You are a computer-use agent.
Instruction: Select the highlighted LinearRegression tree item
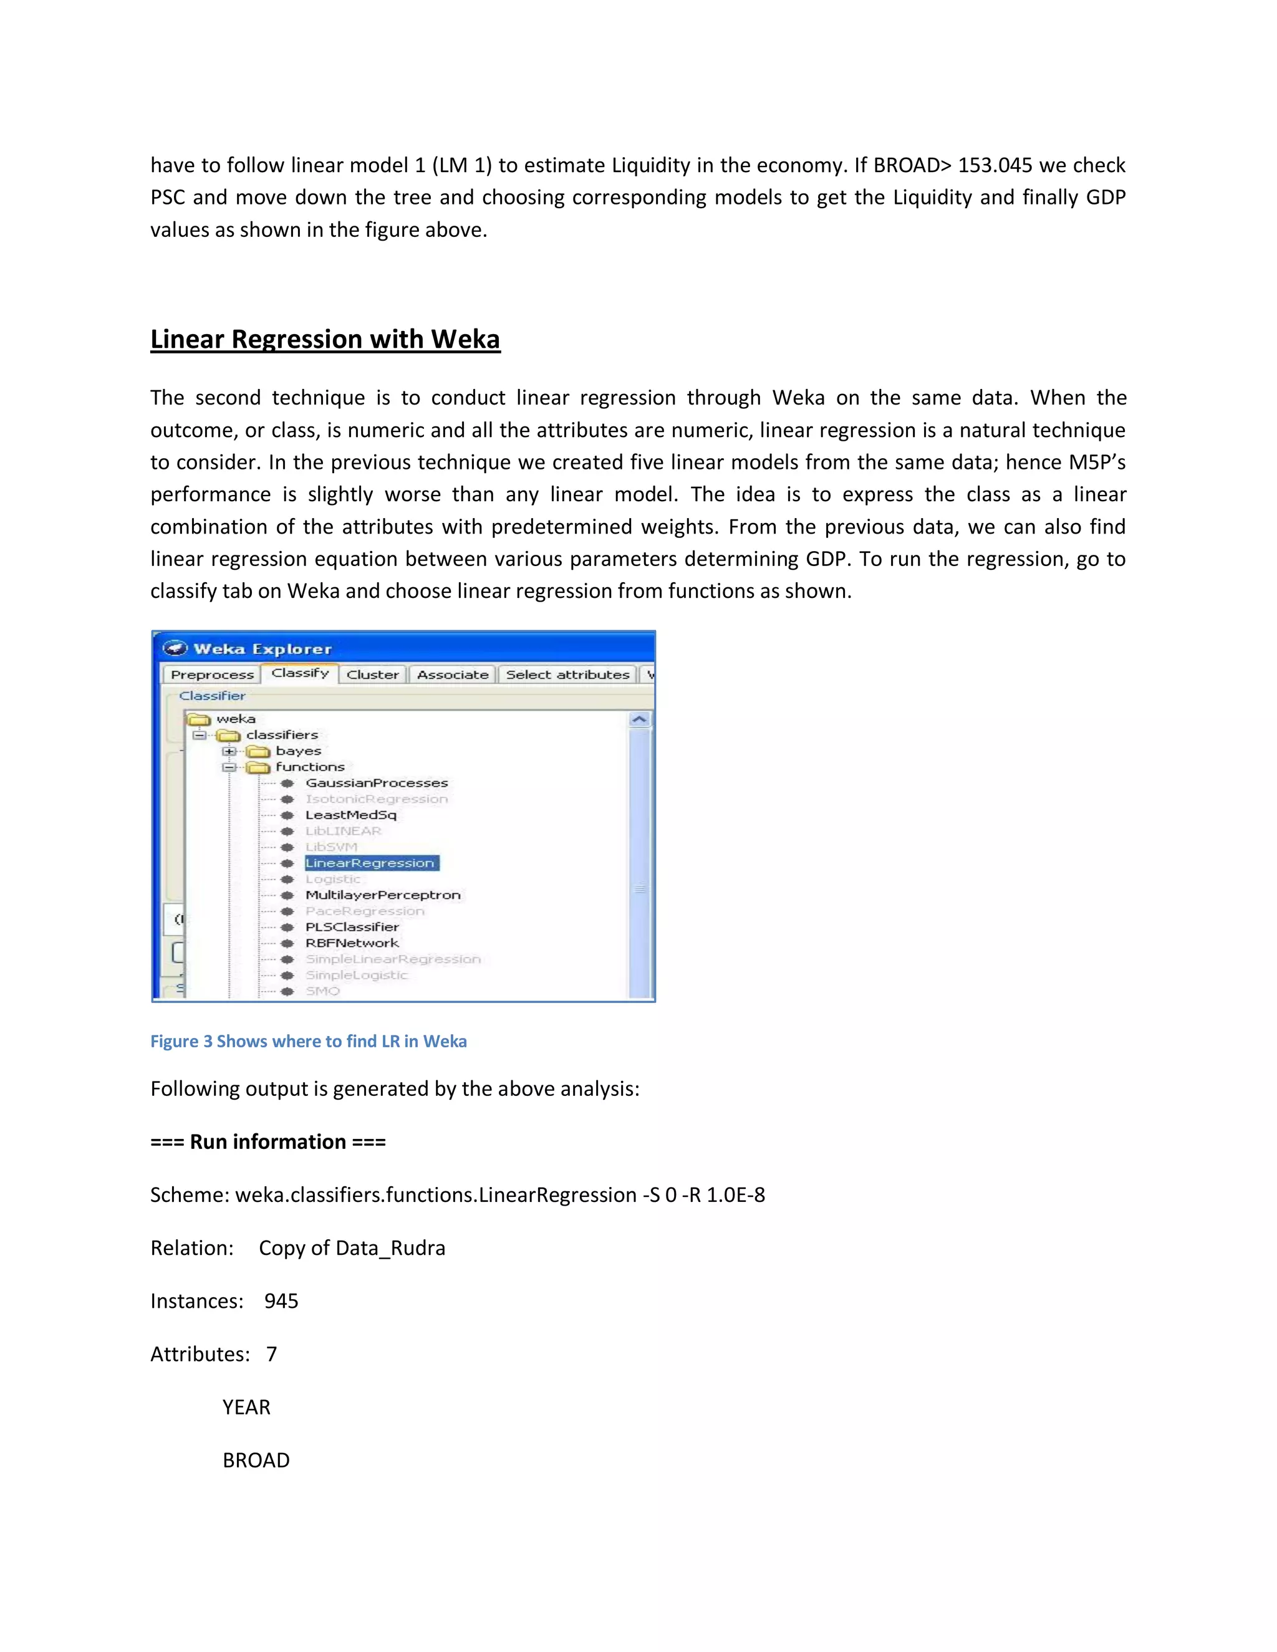pos(370,863)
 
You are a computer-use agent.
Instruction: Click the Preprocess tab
pos(212,675)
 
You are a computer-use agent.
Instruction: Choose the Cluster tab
pos(372,675)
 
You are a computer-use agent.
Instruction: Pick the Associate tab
pos(453,675)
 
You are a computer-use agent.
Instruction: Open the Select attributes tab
pos(567,675)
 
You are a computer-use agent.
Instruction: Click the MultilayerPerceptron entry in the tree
pos(383,895)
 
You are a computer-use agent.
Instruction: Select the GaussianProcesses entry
pos(377,783)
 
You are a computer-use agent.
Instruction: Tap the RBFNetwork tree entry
pos(352,943)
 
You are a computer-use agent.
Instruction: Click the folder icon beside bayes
pos(258,751)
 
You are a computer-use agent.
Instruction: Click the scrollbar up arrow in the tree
pos(639,719)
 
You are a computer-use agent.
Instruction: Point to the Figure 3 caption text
pos(308,1042)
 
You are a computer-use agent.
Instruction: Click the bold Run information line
pos(267,1141)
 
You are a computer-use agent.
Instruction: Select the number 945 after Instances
pos(281,1301)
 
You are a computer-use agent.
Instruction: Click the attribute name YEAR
pos(246,1407)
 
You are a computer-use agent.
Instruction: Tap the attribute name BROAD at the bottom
pos(256,1460)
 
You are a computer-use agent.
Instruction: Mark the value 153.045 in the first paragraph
pos(995,165)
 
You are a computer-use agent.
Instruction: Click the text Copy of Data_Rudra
pos(352,1248)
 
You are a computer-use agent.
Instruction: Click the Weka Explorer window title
pos(262,649)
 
